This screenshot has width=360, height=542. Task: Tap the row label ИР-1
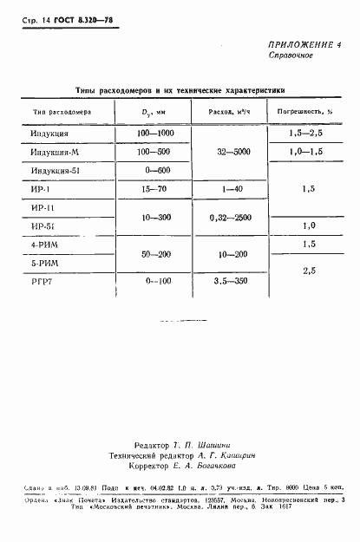click(42, 188)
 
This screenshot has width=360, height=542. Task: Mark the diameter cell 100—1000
click(155, 133)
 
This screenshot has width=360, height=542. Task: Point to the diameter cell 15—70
click(154, 188)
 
